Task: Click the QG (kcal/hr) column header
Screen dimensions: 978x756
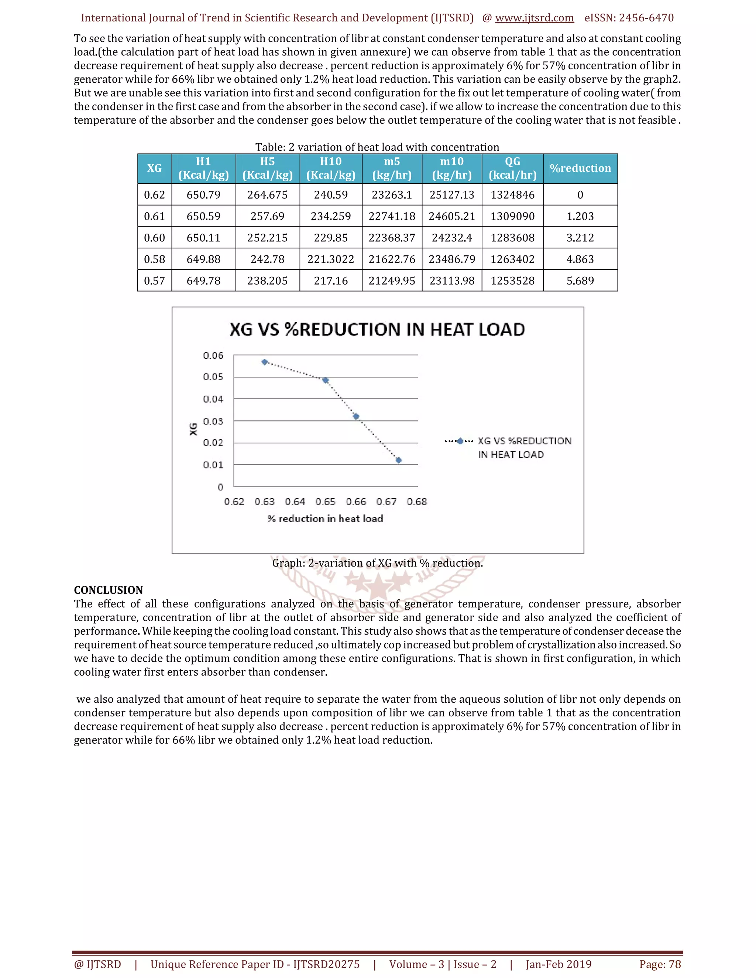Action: point(512,168)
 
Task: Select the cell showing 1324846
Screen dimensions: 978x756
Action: point(512,195)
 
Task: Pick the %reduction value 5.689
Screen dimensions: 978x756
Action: point(580,281)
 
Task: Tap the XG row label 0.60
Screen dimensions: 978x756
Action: point(155,238)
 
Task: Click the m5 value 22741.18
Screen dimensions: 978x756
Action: point(392,216)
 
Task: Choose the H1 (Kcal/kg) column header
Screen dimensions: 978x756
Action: point(203,168)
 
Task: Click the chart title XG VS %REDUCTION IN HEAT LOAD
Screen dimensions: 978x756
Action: point(377,330)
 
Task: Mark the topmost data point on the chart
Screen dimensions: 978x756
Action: point(265,362)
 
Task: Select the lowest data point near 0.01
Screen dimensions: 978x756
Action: point(399,460)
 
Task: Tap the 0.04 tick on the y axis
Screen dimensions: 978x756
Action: point(213,399)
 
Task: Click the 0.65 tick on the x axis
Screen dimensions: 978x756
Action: point(325,502)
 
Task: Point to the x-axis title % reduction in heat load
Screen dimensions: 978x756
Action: point(325,519)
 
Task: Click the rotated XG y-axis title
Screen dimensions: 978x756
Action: point(193,429)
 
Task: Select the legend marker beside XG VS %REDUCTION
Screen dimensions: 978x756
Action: point(460,441)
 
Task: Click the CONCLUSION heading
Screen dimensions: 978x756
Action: point(109,590)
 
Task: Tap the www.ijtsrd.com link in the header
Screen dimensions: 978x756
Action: point(534,18)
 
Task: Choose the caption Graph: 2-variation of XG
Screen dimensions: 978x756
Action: point(378,563)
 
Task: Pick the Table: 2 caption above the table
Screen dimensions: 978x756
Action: point(377,147)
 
